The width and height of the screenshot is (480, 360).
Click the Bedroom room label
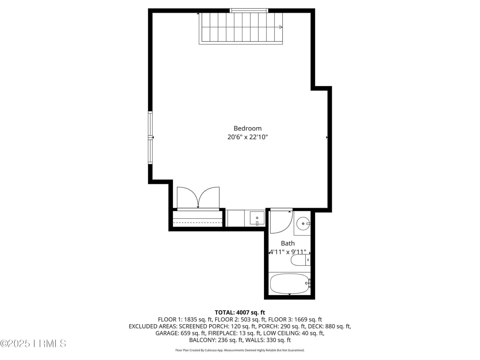pos(247,128)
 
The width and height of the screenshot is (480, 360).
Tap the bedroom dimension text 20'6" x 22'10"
pos(247,137)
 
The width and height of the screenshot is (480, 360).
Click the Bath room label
pos(288,243)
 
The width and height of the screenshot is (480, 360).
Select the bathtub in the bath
pos(289,284)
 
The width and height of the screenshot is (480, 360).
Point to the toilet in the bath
pos(301,260)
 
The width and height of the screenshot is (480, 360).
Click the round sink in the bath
pos(303,223)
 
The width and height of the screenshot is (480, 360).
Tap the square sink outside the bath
pos(257,218)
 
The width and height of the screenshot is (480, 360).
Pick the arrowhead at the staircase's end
pos(281,27)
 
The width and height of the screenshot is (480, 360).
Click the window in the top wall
pos(249,10)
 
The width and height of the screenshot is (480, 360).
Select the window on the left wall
pos(150,137)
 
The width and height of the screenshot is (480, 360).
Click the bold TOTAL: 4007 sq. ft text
pos(240,313)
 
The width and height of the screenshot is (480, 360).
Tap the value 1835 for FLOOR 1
pos(191,319)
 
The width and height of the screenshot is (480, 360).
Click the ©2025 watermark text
pos(15,343)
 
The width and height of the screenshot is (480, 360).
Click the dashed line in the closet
pos(198,223)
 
